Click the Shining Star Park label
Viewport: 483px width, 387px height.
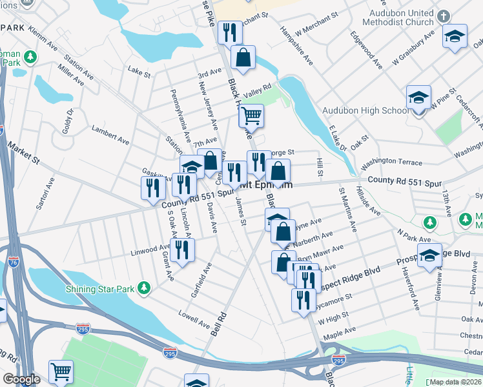click(x=100, y=289)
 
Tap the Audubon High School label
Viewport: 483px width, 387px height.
click(x=365, y=110)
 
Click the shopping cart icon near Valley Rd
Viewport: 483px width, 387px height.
click(x=251, y=116)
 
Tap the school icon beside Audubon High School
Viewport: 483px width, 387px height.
click(x=418, y=98)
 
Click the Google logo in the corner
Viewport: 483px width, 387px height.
click(x=21, y=379)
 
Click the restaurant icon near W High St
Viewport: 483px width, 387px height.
click(x=301, y=299)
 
